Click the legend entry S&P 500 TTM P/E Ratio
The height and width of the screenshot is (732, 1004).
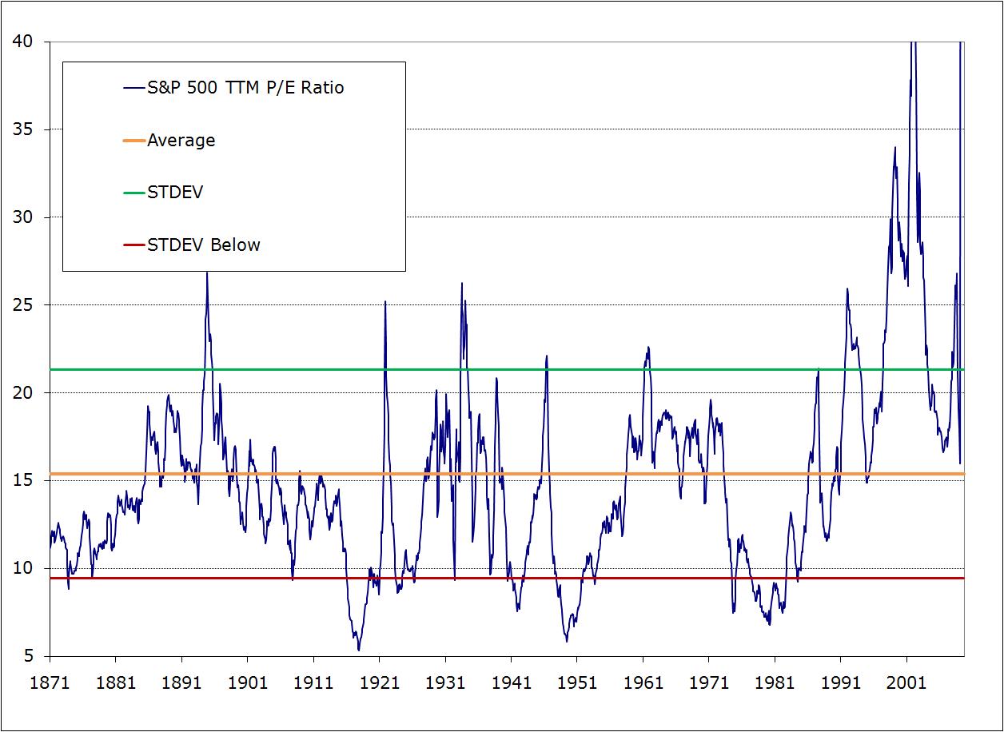[245, 88]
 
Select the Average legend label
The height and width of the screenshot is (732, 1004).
[181, 141]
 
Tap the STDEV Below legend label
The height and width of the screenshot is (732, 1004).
[204, 245]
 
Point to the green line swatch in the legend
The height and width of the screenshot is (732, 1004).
[133, 193]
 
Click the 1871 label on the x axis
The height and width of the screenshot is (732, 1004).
[50, 684]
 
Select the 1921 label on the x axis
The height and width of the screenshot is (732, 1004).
[379, 684]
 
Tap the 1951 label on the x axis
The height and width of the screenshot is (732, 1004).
[576, 684]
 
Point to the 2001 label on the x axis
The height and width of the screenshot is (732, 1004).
[906, 684]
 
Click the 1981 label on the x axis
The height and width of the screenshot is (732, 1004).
[774, 684]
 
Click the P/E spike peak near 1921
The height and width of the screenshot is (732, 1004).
[385, 302]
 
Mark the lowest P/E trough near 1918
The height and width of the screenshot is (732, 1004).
[359, 650]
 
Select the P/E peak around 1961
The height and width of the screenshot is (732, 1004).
[648, 348]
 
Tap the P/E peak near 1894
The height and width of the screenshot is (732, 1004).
[207, 273]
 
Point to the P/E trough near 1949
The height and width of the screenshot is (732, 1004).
[567, 641]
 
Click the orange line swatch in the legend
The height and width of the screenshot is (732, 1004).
[133, 141]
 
